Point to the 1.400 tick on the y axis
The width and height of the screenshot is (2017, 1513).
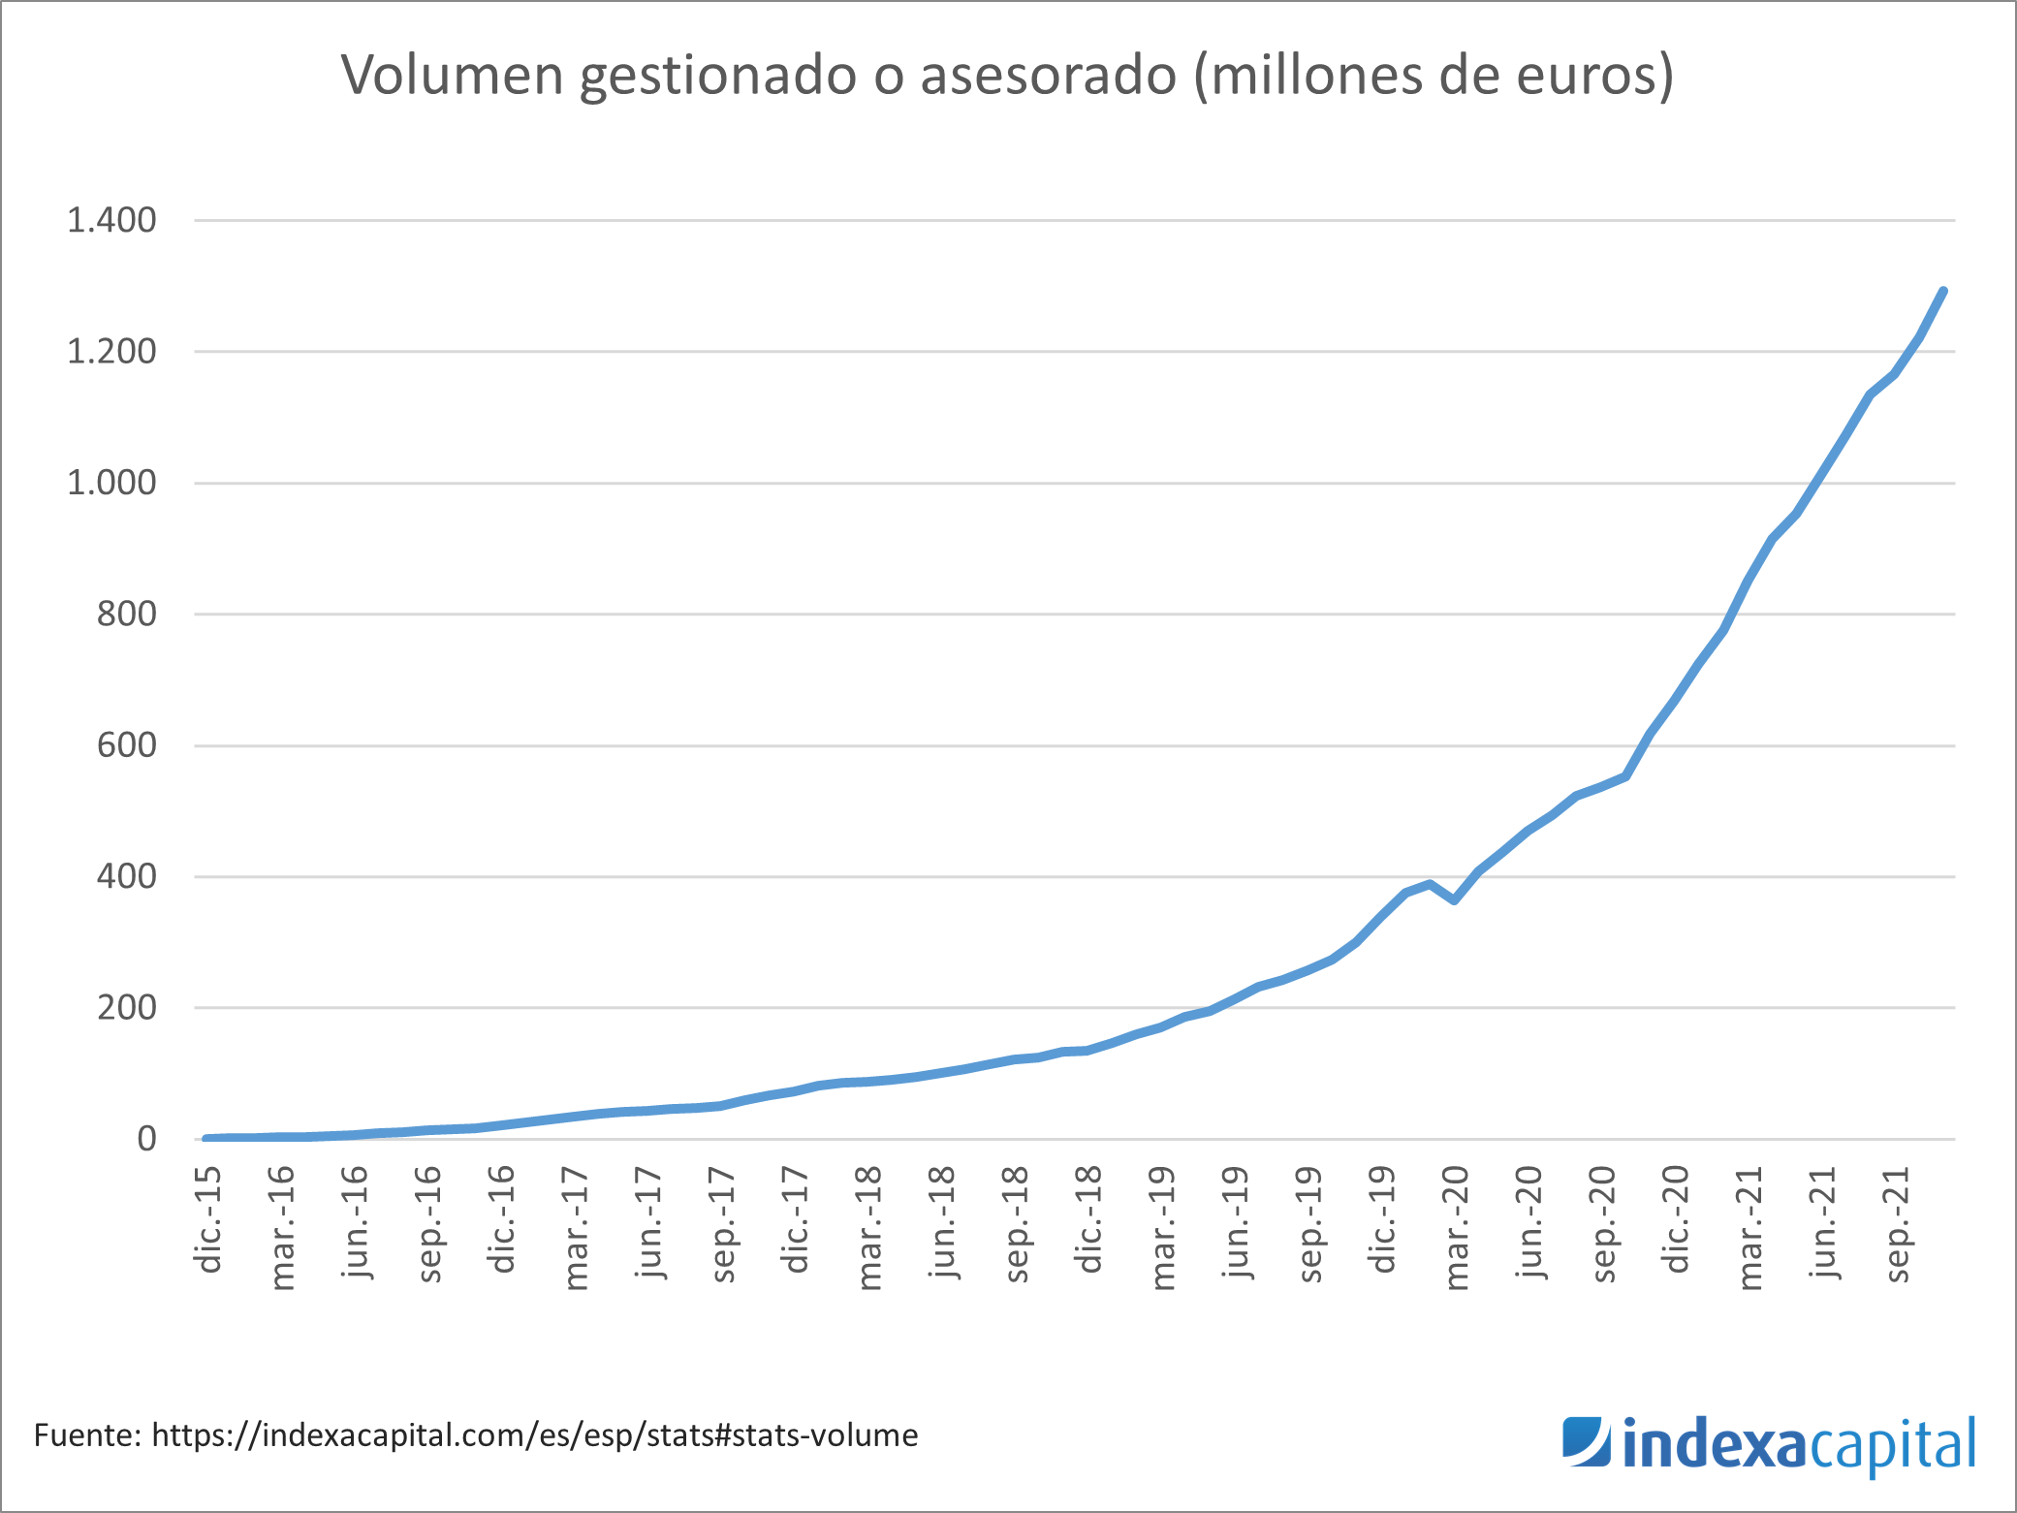coord(111,221)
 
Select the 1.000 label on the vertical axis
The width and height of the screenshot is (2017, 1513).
coord(111,483)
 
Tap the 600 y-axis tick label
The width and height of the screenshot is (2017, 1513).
coord(126,745)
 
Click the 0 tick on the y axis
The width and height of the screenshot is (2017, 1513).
coord(146,1139)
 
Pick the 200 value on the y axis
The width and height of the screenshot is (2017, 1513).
coord(126,1008)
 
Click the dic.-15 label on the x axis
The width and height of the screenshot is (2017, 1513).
coord(208,1219)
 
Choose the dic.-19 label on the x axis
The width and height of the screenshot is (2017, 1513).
coord(1383,1219)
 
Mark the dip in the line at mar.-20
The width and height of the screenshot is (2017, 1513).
coord(1455,900)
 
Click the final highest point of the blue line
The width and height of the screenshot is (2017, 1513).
coord(1943,291)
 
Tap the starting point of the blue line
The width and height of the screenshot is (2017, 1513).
coord(205,1138)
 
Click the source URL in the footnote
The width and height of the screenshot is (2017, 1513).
coord(534,1435)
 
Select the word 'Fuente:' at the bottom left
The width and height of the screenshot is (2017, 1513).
coord(87,1435)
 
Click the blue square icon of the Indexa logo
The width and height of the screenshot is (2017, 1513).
coord(1586,1442)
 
